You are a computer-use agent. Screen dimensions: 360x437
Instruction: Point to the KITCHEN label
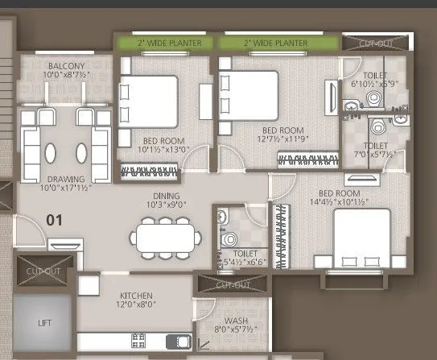click(x=136, y=296)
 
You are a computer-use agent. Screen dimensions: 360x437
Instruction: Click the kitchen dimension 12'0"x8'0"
click(x=136, y=305)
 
